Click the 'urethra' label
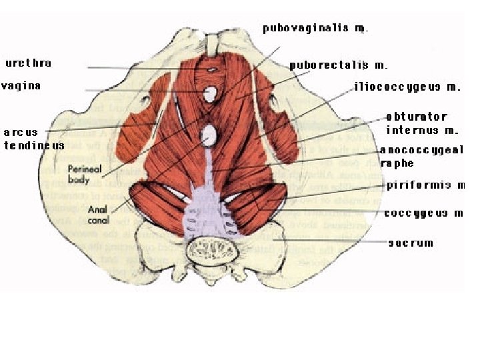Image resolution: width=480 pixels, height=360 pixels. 29,63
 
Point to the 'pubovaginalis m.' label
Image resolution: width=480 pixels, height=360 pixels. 315,29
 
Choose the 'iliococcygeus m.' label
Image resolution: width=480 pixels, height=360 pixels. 408,87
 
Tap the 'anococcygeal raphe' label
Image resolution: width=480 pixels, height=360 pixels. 421,157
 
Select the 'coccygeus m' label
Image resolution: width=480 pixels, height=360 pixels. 423,213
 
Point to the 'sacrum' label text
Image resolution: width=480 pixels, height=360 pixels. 411,243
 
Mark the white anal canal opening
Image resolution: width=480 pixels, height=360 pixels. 209,136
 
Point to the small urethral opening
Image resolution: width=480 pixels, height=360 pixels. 211,69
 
